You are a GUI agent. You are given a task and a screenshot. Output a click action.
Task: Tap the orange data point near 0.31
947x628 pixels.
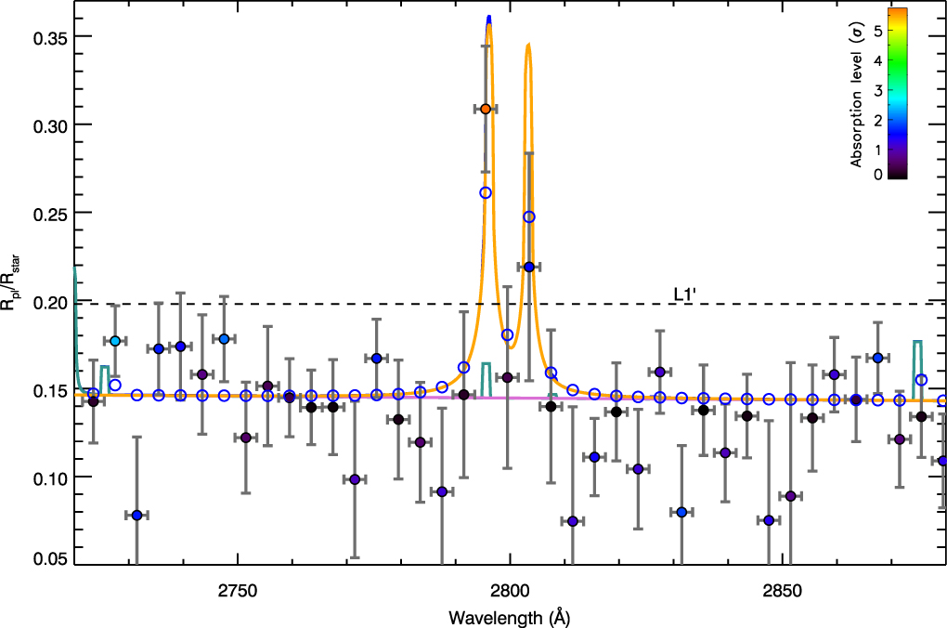click(486, 109)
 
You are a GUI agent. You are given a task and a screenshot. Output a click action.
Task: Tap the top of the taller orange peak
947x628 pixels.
click(489, 25)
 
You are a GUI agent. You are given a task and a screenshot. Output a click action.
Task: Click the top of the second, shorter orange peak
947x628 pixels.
click(528, 44)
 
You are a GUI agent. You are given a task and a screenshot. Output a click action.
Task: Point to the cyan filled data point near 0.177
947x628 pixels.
click(115, 341)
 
